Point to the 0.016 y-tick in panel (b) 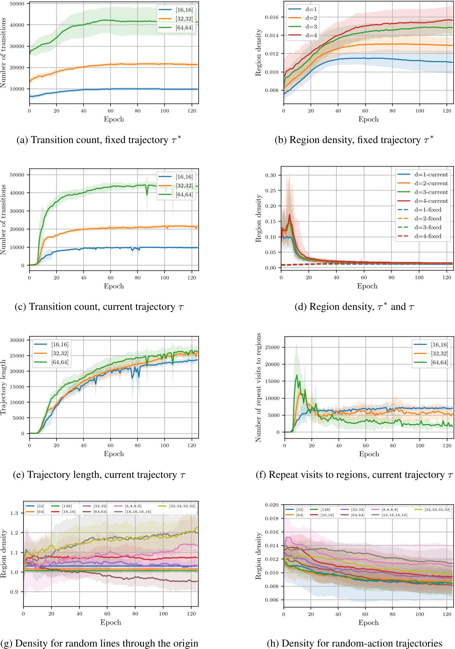click(x=271, y=17)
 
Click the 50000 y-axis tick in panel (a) click(x=17, y=4)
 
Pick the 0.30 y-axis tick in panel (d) click(x=270, y=175)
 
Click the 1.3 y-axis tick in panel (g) click(x=14, y=513)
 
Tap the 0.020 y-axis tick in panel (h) click(x=271, y=505)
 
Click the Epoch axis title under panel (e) click(x=114, y=454)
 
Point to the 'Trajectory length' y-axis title click(x=3, y=387)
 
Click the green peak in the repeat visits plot click(x=297, y=375)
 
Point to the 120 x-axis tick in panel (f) click(x=447, y=445)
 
